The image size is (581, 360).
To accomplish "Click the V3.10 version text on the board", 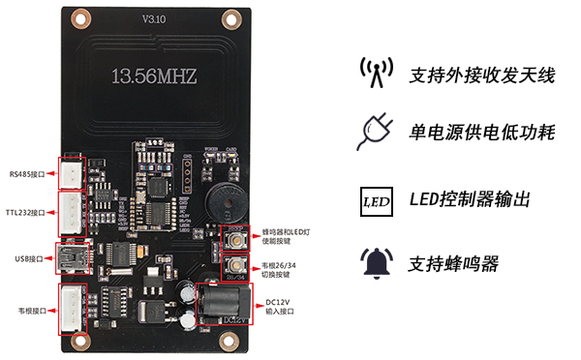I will point(155,19).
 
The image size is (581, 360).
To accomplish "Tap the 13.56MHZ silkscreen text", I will point(155,75).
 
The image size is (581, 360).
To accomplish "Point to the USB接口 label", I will point(29,258).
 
